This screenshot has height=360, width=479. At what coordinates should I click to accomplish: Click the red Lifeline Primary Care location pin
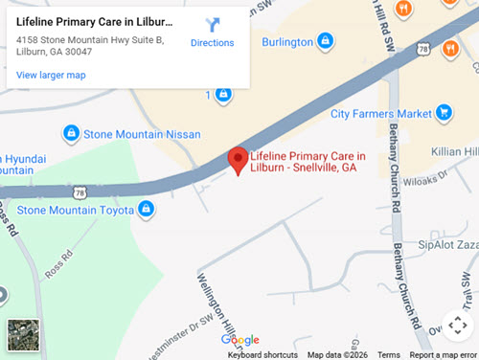(x=237, y=161)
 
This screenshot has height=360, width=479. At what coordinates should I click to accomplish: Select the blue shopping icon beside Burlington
(x=326, y=41)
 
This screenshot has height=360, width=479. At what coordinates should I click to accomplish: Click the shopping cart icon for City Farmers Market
(x=444, y=113)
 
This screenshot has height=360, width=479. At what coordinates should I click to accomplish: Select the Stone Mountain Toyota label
(x=77, y=209)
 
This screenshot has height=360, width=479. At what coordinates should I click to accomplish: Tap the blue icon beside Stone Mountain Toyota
(x=146, y=208)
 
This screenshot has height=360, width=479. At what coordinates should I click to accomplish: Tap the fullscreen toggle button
(x=456, y=326)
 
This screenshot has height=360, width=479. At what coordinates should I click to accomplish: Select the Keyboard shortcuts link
(x=262, y=354)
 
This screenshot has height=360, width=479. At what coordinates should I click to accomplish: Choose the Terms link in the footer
(x=388, y=354)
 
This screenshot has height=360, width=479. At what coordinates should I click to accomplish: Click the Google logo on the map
(x=239, y=340)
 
